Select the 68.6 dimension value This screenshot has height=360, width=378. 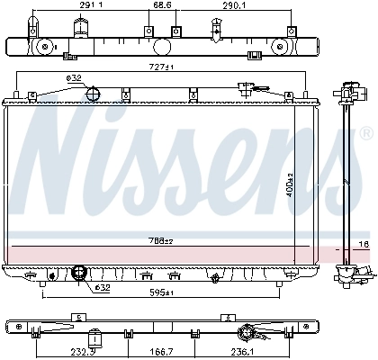pos(162,6)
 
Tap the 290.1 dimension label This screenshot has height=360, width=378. pos(236,6)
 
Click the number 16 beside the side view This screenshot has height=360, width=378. pos(363,244)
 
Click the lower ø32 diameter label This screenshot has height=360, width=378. pos(102,263)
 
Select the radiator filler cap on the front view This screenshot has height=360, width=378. pos(244,87)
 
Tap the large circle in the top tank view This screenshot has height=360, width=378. pos(163,46)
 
